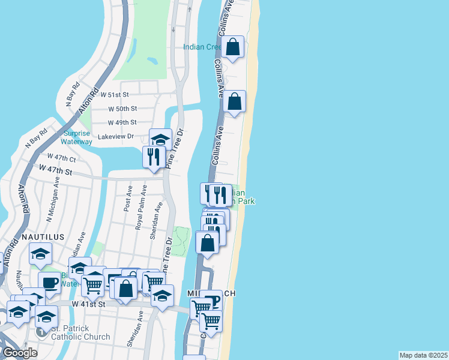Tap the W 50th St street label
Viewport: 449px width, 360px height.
[x=122, y=109]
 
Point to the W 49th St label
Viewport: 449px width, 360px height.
[x=122, y=122]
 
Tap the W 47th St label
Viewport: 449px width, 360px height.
[x=56, y=172]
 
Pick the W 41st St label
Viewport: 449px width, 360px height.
[x=88, y=305]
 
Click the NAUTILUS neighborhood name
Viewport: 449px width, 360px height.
[x=43, y=237]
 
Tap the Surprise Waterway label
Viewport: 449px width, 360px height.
[x=76, y=137]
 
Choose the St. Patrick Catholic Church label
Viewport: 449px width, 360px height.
[x=80, y=333]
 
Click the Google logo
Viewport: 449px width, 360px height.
[x=20, y=353]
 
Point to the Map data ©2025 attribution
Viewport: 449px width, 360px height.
[x=423, y=355]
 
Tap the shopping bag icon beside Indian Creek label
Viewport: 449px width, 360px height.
[x=234, y=47]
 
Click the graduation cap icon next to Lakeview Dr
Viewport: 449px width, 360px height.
[x=160, y=139]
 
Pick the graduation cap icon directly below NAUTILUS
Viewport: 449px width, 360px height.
[x=41, y=255]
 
